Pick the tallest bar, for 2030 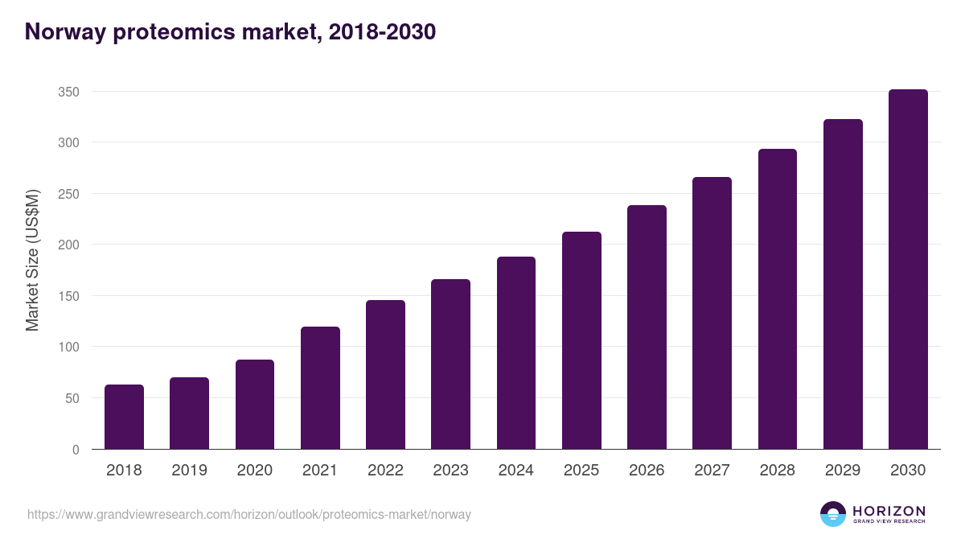click(x=908, y=269)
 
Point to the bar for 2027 click(x=712, y=313)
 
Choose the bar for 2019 click(x=189, y=413)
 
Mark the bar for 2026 click(x=647, y=327)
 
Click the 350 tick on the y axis click(x=68, y=92)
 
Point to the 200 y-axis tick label click(x=68, y=245)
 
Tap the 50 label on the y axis click(x=72, y=398)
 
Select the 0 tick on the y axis click(x=76, y=450)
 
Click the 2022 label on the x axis click(x=385, y=471)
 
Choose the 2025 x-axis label click(x=581, y=471)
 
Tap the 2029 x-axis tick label click(x=843, y=471)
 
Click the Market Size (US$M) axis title click(x=32, y=259)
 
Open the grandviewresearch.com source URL click(x=249, y=514)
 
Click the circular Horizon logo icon click(x=833, y=514)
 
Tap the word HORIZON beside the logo click(x=889, y=510)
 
